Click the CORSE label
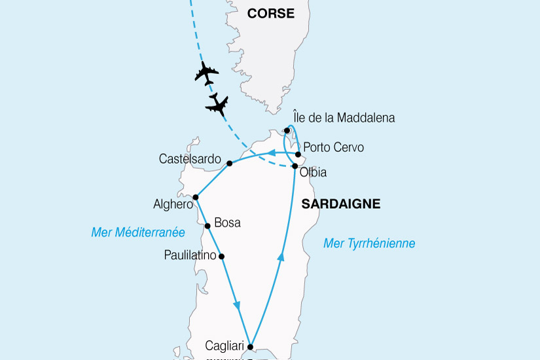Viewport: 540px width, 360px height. [x=270, y=14]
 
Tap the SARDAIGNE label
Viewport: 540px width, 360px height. [x=340, y=204]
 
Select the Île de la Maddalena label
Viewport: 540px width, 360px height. [x=345, y=118]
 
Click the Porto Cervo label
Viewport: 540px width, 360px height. [x=334, y=147]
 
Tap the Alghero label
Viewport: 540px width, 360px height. [x=173, y=204]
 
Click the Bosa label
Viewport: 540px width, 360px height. [x=227, y=223]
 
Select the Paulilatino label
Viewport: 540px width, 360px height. [x=190, y=255]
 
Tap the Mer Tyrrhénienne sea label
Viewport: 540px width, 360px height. [x=369, y=243]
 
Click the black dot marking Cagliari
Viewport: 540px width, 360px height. [x=250, y=348]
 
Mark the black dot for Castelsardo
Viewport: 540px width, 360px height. [x=230, y=163]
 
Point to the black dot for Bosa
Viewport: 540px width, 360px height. [x=207, y=226]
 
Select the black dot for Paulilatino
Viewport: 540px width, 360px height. [x=221, y=256]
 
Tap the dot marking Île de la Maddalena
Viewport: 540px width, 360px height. [x=287, y=130]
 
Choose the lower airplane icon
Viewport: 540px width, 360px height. [x=217, y=104]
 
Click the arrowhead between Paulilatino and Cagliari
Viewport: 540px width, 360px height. [x=237, y=306]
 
